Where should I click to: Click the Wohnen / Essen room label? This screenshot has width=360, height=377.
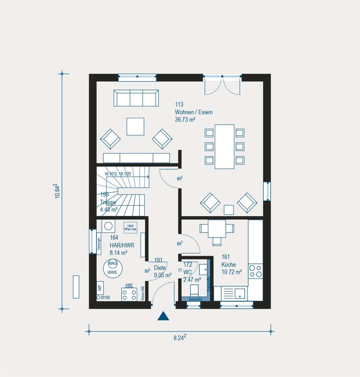click(193, 112)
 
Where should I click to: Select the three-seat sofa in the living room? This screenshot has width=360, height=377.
click(136, 98)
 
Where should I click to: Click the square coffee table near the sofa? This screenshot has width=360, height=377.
click(135, 126)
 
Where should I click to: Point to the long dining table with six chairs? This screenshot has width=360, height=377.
click(224, 146)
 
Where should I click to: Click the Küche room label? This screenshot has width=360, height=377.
click(229, 265)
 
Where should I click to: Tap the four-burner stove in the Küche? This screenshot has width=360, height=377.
click(256, 271)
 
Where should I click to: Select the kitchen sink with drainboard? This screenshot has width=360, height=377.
click(235, 293)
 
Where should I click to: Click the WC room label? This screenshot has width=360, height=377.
click(188, 272)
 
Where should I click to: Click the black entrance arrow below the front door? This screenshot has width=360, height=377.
click(163, 316)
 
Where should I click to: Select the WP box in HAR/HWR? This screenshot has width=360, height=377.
click(100, 288)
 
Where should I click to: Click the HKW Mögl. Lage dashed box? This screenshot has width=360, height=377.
click(130, 227)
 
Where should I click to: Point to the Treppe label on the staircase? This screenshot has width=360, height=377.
click(108, 202)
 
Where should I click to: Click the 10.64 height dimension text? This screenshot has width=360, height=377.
click(57, 191)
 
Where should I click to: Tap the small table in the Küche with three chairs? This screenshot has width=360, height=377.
click(217, 229)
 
